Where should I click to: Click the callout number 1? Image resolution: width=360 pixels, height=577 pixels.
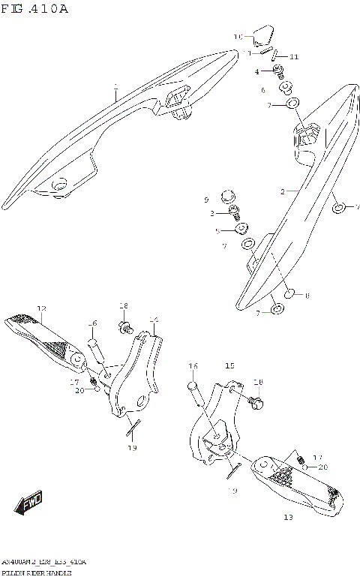click(116, 88)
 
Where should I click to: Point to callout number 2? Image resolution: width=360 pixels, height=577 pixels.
click(283, 192)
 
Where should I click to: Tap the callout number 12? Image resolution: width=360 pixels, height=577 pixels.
click(41, 308)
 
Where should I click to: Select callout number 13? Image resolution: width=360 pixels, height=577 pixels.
click(289, 517)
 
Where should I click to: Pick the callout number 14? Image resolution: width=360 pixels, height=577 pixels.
click(154, 320)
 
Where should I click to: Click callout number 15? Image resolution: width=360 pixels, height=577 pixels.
click(230, 365)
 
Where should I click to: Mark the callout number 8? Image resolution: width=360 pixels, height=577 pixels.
click(307, 296)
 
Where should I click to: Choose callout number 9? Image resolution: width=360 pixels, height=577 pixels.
click(205, 200)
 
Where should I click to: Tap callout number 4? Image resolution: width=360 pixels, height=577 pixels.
click(256, 71)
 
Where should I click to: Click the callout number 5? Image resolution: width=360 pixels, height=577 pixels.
click(217, 231)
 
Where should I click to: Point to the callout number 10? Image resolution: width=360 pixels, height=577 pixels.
click(238, 36)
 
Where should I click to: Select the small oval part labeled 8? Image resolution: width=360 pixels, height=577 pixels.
click(292, 292)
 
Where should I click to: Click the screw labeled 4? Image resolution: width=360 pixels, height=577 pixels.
click(279, 71)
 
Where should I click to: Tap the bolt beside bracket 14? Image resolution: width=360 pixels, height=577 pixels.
click(125, 327)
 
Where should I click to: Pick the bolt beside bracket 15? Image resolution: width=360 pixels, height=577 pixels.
click(256, 403)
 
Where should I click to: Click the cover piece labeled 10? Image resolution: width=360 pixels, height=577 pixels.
click(261, 35)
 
